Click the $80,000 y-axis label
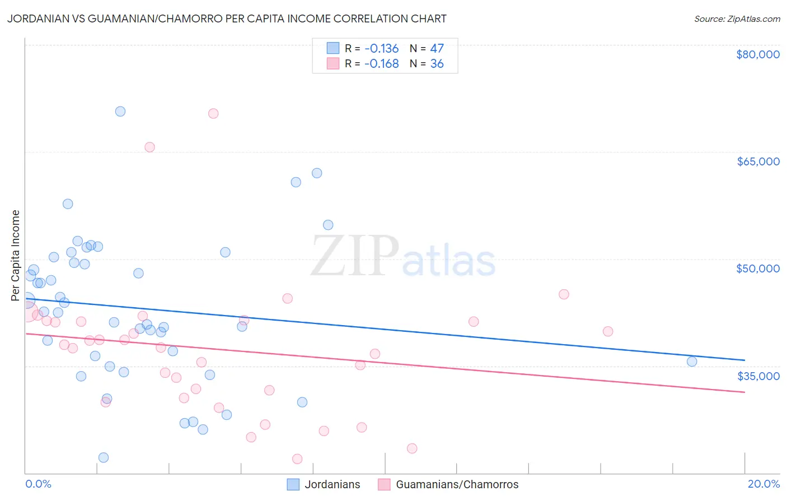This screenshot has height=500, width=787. coord(757,54)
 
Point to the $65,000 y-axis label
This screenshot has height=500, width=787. coord(757,161)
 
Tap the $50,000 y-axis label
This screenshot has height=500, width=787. coord(757,268)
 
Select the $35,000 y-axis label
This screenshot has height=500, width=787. coord(758,376)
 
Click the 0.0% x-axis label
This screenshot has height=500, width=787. coord(38,484)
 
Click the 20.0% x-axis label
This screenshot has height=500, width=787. coord(763,484)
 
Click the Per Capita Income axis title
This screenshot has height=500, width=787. coord(16,255)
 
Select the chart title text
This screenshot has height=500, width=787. coord(227,18)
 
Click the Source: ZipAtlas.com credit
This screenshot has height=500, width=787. coord(737,19)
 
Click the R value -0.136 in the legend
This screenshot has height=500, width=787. coord(381,48)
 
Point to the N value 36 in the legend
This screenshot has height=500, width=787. coord(437,64)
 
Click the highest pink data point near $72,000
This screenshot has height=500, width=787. coord(213,113)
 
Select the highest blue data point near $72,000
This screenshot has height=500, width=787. coord(120,111)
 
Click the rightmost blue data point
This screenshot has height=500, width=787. coord(692,362)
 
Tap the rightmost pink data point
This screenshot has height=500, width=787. coord(608,331)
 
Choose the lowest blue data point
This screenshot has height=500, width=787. coord(104,457)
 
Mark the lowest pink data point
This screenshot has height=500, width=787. coord(297,459)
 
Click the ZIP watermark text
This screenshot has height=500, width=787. coord(355,257)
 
